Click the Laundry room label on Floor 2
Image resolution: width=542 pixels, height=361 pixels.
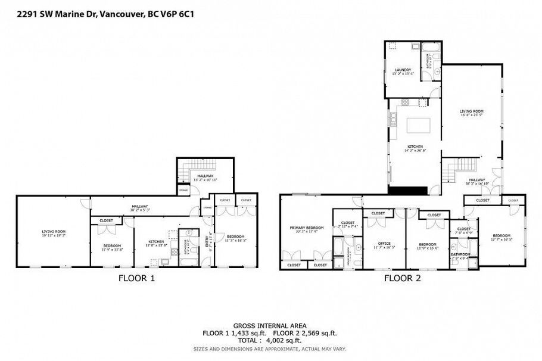[403, 71]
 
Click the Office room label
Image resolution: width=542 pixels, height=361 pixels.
[384, 245]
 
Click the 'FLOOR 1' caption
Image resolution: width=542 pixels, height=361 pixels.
[136, 278]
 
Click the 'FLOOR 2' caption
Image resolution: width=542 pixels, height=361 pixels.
[402, 278]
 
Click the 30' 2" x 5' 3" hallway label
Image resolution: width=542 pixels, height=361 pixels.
[141, 208]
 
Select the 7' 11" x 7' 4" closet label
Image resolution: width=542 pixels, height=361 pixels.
[348, 225]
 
